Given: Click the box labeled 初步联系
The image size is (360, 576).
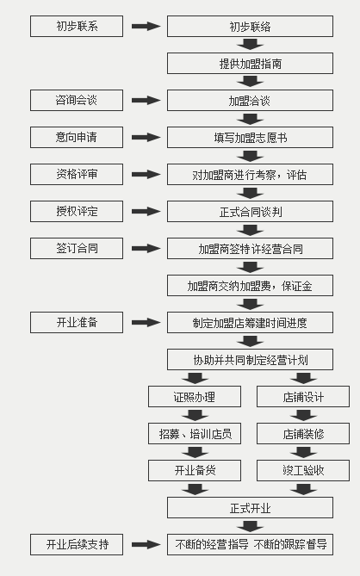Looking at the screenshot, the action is coord(77,26).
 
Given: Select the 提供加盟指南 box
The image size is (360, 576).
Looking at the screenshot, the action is coord(250,63).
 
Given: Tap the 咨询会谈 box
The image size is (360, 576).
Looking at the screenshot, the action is coord(77,100).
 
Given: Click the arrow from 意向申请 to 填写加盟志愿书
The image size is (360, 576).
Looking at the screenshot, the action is coord(146,138).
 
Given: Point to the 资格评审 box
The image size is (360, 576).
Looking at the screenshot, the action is coord(77,175).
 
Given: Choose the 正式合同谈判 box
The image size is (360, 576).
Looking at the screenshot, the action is coord(250,211).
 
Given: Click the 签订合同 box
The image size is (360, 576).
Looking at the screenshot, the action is coord(77,248).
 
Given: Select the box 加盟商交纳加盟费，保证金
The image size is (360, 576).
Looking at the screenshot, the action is coord(250,286).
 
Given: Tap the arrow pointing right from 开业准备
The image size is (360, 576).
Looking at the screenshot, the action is coord(146,323).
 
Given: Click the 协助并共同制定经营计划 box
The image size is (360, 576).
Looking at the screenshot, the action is coord(250,359).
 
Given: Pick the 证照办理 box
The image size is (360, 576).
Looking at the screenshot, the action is coord(195,396).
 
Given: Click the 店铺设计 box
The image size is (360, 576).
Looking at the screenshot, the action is coord(303,396).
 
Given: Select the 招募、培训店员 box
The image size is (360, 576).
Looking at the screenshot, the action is coord(195,433).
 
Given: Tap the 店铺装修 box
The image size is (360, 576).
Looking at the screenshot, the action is coord(303,433).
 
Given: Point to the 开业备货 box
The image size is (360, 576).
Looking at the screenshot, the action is coord(195,471).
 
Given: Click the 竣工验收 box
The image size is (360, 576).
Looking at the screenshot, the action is coord(303,471).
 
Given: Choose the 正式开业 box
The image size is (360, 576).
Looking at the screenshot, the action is coord(250,508).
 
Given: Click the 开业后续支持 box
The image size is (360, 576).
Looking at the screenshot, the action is coord(77,544).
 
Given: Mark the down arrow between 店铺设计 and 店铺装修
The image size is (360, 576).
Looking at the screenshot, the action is coord(303,415).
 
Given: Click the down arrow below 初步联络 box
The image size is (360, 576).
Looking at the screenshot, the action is coord(250,45).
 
